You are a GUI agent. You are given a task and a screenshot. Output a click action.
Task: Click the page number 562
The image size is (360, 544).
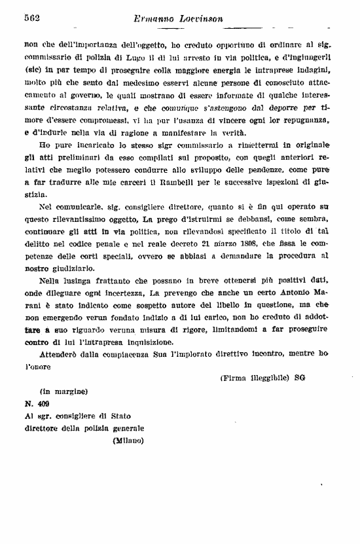pos(32,19)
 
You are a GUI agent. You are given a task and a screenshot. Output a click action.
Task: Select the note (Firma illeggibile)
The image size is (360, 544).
pos(253,377)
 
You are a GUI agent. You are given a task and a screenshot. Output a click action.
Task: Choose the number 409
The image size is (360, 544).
pos(43,405)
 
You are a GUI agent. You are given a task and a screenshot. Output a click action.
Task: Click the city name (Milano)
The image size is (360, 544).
pos(124,440)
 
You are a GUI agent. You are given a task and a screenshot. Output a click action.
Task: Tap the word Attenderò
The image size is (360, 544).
pos(59,354)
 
